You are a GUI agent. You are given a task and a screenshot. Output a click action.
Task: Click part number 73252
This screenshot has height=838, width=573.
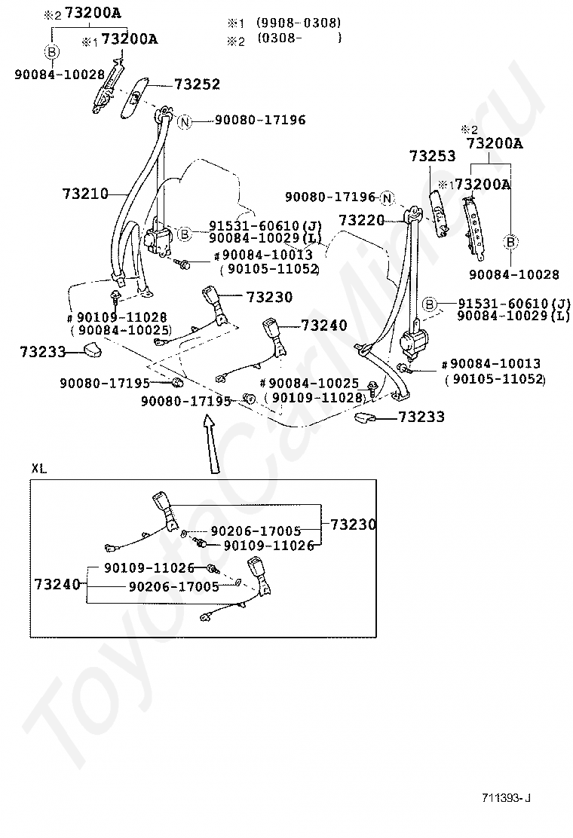coord(198,84)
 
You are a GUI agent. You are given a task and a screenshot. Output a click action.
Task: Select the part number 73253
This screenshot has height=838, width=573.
coord(433,156)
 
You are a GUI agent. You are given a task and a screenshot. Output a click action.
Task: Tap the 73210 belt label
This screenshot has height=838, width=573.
coord(85,194)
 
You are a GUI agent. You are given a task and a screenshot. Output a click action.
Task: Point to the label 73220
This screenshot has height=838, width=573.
coord(362,219)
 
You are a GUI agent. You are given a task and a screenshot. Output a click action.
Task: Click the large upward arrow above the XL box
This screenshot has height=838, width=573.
coord(210,445)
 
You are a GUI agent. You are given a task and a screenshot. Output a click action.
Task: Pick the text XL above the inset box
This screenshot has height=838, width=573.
coord(39,469)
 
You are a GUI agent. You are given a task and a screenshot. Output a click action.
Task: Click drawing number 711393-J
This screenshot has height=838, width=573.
coord(506,798)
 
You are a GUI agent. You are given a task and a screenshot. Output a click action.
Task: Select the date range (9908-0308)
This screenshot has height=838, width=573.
coord(299,23)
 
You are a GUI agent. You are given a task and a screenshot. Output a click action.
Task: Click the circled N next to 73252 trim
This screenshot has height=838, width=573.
coord(185,122)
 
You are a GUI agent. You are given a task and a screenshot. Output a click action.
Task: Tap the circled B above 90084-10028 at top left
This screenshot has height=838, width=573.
coord(52,52)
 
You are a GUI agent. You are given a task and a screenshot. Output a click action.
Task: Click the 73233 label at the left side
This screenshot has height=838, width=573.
coord(43,352)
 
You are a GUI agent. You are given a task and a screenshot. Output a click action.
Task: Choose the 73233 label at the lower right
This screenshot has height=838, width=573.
coord(421,416)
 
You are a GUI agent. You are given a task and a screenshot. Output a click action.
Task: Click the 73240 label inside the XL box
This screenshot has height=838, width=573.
coord(57,584)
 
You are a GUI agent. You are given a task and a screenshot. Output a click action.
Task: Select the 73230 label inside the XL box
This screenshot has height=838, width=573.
coord(354,525)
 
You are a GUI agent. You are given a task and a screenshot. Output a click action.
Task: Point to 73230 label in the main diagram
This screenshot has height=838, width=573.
coord(269,297)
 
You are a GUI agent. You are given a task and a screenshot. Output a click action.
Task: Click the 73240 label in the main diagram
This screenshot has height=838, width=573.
coord(324,325)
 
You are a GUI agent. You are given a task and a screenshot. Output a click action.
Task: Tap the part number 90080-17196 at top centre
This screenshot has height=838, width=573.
coord(260,120)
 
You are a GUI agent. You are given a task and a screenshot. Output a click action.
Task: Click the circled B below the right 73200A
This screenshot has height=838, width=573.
coord(511,242)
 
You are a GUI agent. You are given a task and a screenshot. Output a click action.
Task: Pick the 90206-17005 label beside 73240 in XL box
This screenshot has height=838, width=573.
coord(174,587)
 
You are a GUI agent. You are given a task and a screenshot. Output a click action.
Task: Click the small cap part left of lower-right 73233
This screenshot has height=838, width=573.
coord(366,417)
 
